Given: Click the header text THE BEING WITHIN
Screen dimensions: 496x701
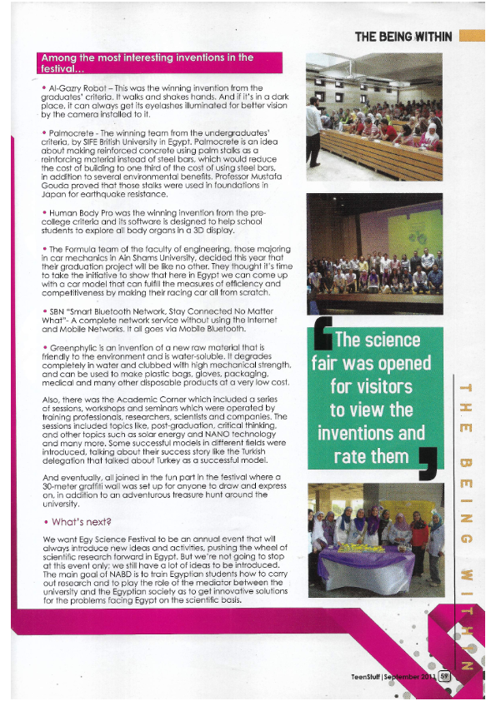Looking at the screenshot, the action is (403, 37).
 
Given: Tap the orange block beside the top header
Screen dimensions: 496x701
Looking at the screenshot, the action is (471, 37).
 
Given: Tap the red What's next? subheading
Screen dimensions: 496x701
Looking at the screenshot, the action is (82, 522).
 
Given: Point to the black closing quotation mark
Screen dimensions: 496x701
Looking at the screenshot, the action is (432, 464).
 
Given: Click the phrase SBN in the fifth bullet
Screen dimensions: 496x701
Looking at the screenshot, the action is (60, 309).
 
